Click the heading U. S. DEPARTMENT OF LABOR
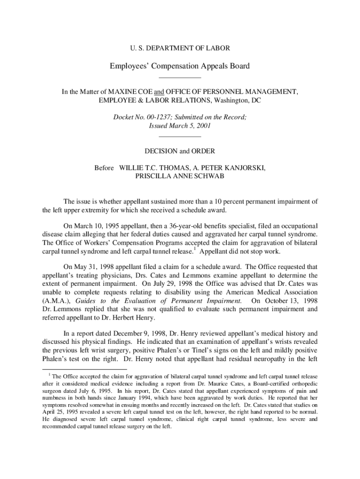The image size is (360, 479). [180, 48]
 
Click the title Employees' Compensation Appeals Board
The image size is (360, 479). [180, 66]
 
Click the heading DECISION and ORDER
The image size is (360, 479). [180, 151]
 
